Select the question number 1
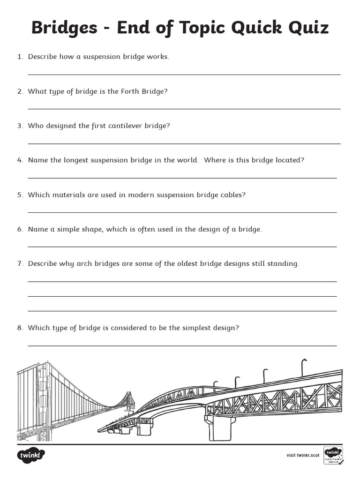point(20,57)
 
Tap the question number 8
point(20,328)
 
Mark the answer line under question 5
point(182,212)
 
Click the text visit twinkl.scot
point(303,455)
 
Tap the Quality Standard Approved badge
point(333,455)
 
